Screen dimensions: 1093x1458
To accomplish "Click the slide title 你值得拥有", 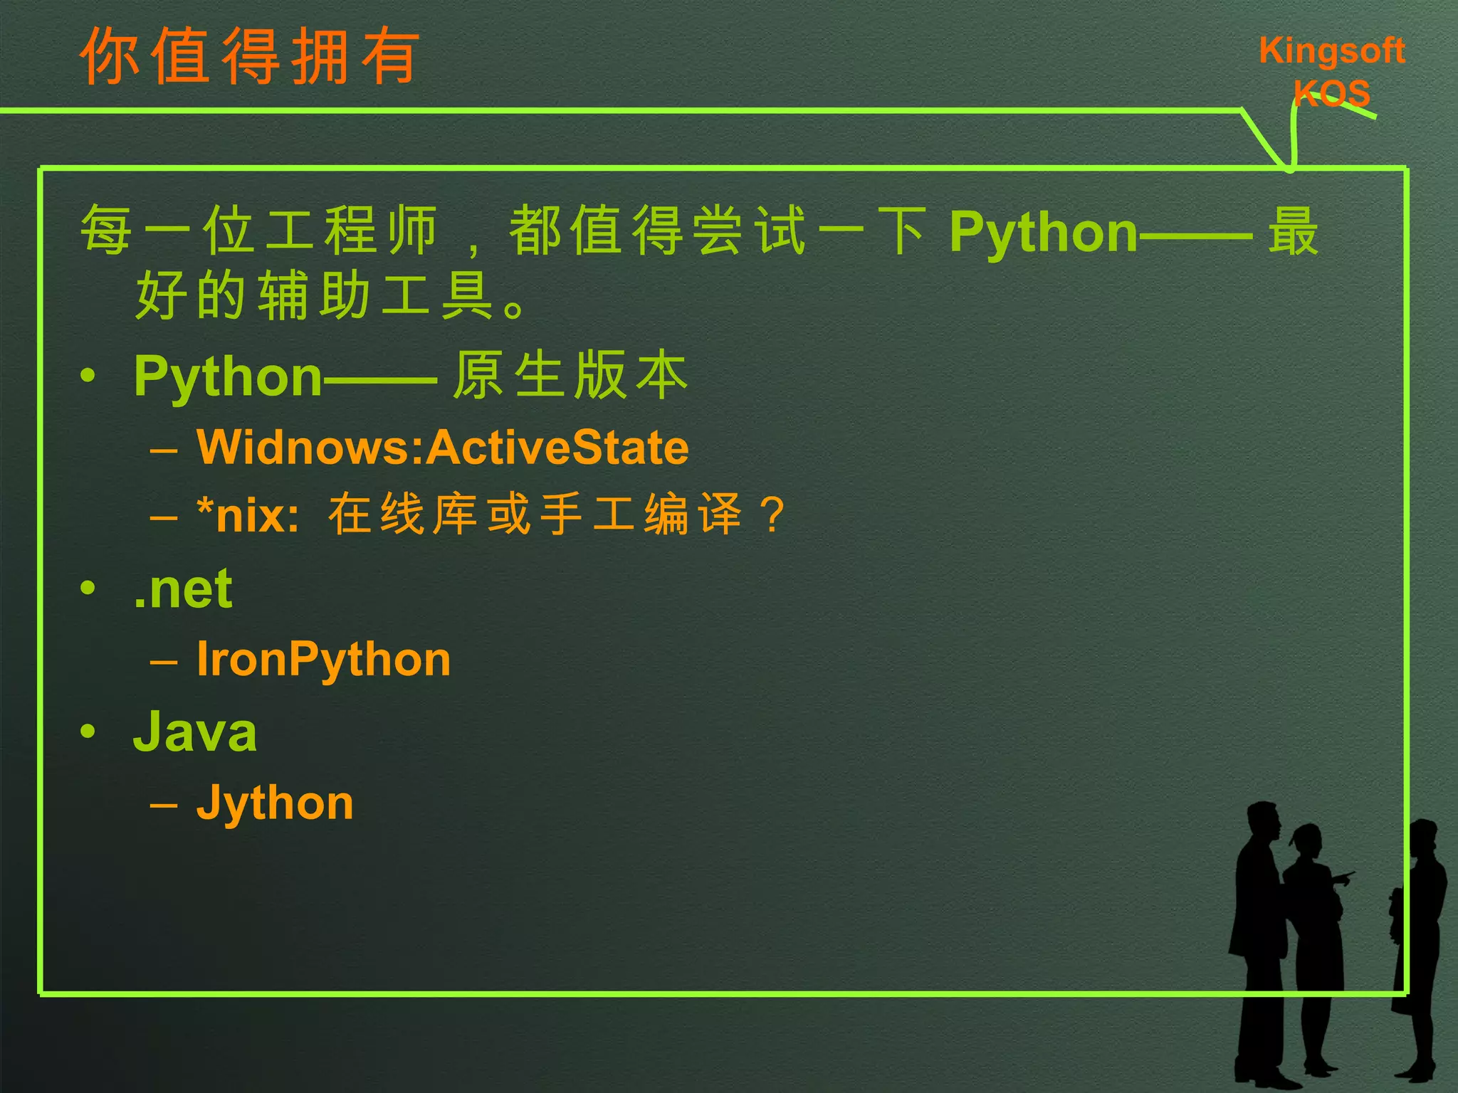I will coord(249,57).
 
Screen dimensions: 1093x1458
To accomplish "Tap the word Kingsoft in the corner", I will coord(1331,51).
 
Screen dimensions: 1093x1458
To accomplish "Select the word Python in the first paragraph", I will coord(1044,232).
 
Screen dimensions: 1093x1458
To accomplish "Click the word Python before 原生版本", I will coord(228,376).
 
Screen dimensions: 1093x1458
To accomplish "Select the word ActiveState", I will coord(559,448).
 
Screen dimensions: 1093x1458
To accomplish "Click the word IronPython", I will coord(323,660).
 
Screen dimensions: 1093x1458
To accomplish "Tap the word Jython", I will coord(275,803).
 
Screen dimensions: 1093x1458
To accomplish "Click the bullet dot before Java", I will coord(88,731).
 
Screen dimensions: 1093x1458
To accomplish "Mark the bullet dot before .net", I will coord(88,588).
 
